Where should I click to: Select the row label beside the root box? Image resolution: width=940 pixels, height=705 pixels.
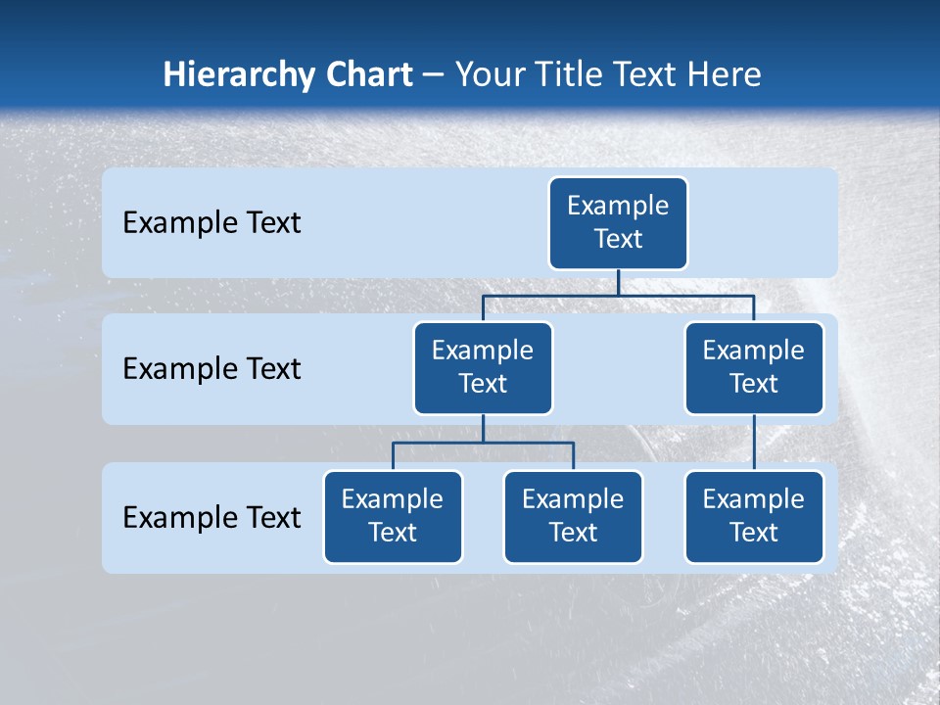click(x=211, y=223)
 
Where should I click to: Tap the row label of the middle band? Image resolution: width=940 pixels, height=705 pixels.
click(x=211, y=369)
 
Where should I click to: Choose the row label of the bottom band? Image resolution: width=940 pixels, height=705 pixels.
click(x=211, y=517)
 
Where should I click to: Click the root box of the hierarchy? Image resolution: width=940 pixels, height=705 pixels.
click(x=618, y=222)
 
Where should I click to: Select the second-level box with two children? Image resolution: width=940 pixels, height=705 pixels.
click(x=483, y=367)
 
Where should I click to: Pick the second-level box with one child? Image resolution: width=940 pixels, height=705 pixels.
click(x=754, y=367)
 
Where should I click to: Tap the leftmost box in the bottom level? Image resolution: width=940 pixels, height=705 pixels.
click(x=393, y=516)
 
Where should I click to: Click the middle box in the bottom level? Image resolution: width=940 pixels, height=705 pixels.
click(x=573, y=516)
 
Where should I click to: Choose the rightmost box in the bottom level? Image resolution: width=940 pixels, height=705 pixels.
click(x=754, y=516)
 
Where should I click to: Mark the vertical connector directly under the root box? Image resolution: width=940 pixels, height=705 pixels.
click(x=618, y=282)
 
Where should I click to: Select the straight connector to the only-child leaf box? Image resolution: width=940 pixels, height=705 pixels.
click(x=754, y=443)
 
